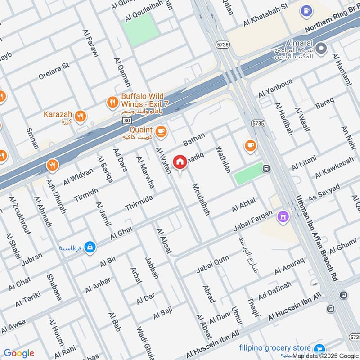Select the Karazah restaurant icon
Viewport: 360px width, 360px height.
pos(80,115)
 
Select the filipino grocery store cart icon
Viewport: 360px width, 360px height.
pos(319,349)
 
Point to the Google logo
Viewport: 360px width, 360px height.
pos(19,353)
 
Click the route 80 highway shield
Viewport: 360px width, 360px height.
pos(127,121)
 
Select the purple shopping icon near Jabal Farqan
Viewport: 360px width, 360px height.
pos(283,217)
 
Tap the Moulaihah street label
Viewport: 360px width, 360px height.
pos(201,199)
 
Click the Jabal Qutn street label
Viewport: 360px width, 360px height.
pos(213,264)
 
